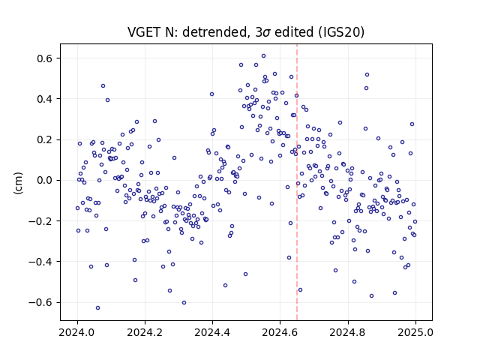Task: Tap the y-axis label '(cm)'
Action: point(18,183)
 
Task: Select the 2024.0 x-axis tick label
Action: point(77,332)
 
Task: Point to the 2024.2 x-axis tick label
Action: point(145,332)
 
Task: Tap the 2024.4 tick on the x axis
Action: point(212,332)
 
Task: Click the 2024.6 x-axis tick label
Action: point(280,332)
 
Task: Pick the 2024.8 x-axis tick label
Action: point(348,332)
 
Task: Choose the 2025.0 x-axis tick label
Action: point(415,332)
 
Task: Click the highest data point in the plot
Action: point(263,56)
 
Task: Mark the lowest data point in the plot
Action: point(98,308)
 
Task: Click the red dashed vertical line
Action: point(297,182)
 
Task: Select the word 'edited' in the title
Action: point(294,32)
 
